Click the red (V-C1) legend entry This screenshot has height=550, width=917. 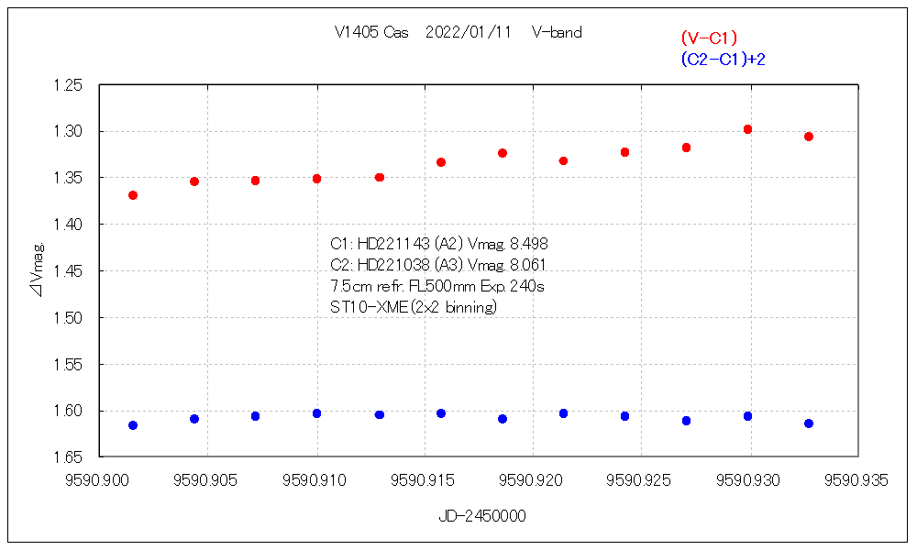point(709,38)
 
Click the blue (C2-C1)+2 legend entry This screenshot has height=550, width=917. point(723,59)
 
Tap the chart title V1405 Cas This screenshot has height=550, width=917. point(371,32)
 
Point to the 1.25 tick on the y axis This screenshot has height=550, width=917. point(70,85)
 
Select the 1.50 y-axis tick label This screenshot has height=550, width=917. point(70,318)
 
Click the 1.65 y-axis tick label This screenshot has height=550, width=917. point(70,457)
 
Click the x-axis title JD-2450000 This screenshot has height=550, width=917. point(482,516)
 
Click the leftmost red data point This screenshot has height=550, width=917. point(133,195)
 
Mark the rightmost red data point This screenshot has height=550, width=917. point(809,137)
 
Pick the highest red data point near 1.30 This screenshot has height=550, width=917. point(747,129)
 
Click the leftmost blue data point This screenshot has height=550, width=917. point(133,425)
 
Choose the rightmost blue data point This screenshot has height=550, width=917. point(809,423)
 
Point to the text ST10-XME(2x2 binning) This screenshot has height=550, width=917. point(414,307)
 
